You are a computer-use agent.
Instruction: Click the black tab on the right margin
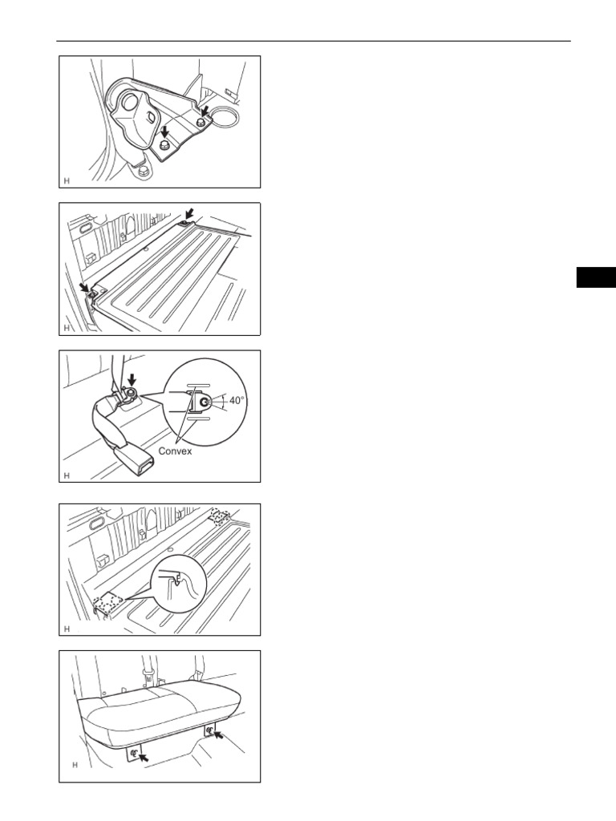point(595,276)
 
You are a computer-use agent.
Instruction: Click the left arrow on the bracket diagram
point(164,129)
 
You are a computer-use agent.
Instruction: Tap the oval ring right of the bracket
point(225,119)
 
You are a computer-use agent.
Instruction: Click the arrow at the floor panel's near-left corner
point(84,286)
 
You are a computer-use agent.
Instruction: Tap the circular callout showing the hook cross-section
point(182,584)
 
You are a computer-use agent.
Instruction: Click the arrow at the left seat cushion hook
point(145,755)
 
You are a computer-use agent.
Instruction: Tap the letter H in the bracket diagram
point(67,180)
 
